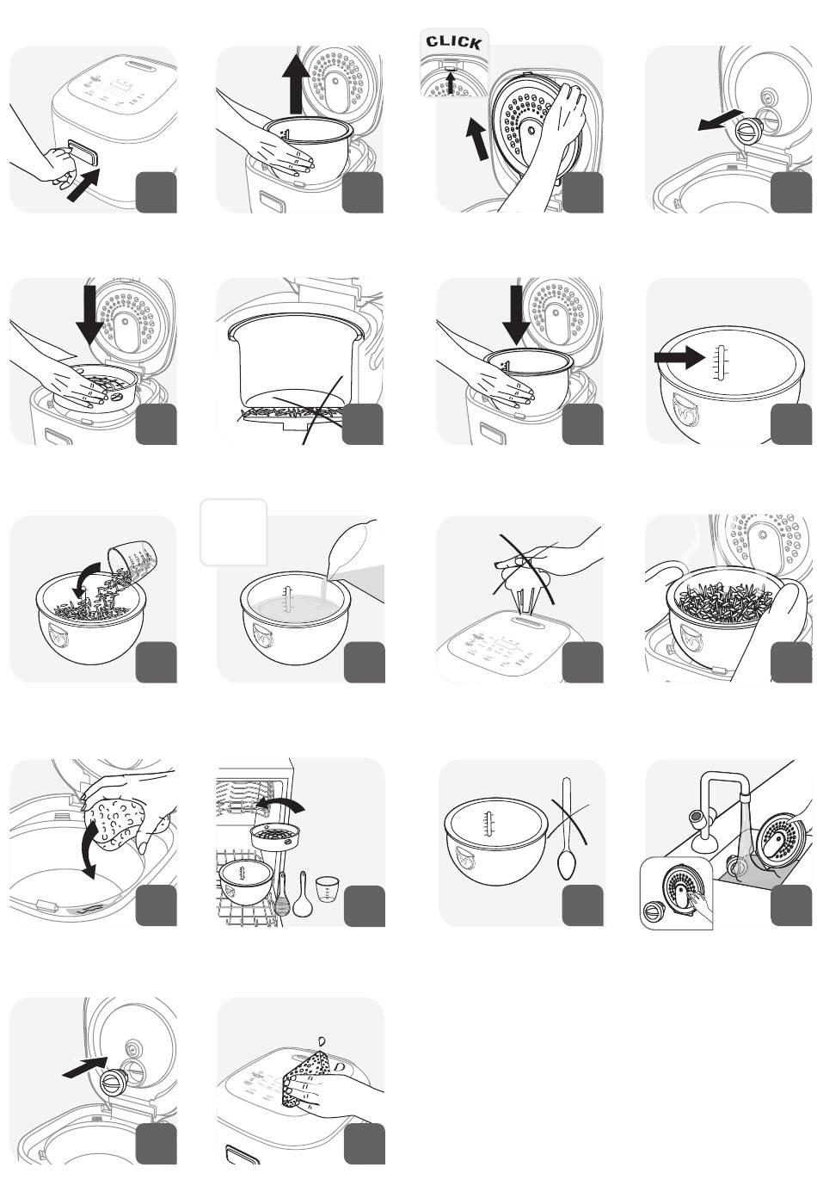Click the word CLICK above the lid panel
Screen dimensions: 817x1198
pos(454,42)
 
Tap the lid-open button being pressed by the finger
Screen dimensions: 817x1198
pos(83,152)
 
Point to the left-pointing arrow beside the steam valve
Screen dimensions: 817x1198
pos(720,120)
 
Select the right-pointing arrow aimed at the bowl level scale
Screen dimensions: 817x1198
pos(679,357)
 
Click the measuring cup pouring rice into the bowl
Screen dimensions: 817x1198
pos(132,565)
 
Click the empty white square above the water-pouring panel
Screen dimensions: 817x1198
pos(234,532)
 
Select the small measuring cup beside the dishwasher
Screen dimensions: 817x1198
pos(326,889)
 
